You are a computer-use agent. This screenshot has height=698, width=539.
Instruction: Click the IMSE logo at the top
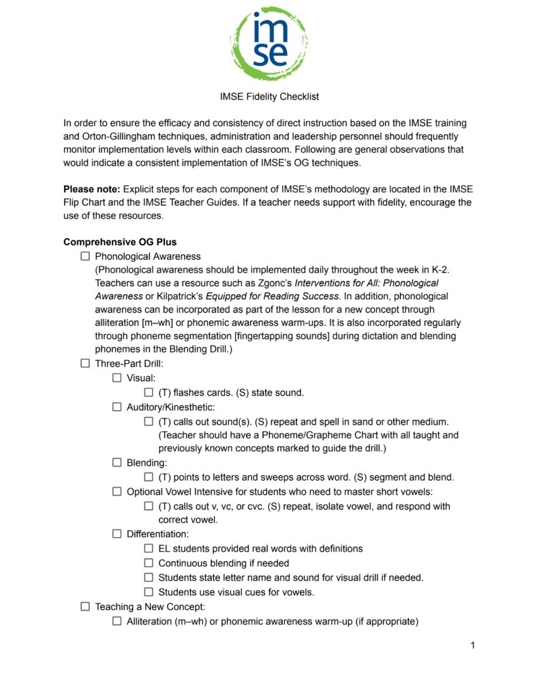click(x=269, y=44)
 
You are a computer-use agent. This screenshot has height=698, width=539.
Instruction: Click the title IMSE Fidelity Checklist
click(x=269, y=97)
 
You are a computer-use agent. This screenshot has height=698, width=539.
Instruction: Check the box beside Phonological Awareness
click(x=85, y=256)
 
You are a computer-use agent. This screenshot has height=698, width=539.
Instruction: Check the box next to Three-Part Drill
click(x=85, y=363)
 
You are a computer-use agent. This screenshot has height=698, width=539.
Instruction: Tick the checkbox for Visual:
click(x=117, y=378)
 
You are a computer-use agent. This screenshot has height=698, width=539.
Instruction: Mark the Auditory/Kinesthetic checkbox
click(x=117, y=407)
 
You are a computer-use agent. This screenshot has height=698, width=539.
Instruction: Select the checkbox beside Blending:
click(x=117, y=463)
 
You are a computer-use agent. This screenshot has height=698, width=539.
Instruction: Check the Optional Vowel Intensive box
click(x=117, y=491)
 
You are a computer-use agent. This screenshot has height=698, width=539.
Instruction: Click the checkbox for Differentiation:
click(x=117, y=534)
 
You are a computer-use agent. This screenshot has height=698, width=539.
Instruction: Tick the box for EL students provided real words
click(x=149, y=548)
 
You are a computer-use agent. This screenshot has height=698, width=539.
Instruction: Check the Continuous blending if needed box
click(x=149, y=563)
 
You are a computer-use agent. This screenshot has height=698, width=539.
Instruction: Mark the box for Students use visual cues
click(x=149, y=592)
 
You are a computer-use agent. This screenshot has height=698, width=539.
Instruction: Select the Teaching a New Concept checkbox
click(x=85, y=606)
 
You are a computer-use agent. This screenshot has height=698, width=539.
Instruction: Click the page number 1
click(x=472, y=645)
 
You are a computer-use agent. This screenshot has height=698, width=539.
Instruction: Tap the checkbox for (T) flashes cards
click(x=149, y=393)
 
